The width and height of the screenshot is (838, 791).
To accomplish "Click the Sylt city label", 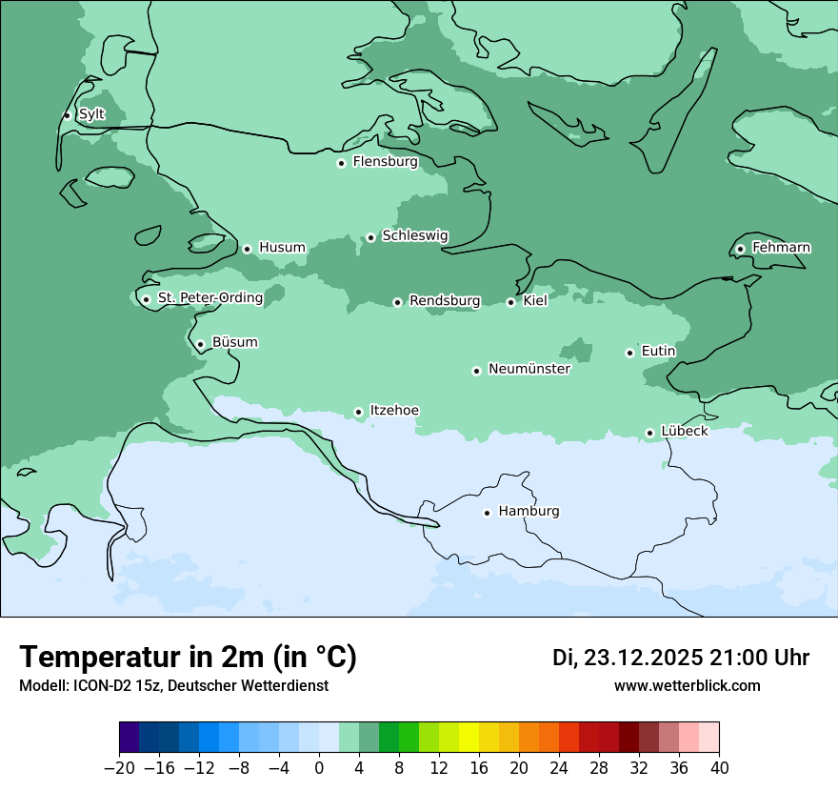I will point(91,114).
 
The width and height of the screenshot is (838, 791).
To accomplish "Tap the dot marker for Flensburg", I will point(341,163).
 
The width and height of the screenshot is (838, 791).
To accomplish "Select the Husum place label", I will point(282,248).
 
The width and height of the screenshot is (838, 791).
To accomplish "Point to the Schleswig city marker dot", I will point(370,237).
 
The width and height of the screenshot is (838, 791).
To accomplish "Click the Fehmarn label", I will point(781,248).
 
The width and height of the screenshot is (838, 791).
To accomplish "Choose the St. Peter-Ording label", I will point(210,298).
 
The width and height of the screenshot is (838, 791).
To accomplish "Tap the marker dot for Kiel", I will point(511,302).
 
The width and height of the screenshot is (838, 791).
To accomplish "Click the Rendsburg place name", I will point(445,301).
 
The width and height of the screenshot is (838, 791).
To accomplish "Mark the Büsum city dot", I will point(200,344).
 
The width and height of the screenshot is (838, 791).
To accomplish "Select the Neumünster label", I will point(529,369).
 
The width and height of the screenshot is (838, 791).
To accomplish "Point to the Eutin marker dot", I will point(629,353).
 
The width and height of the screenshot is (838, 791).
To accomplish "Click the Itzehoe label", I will point(394,411).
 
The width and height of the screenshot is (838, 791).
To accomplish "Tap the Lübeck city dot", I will point(649,433).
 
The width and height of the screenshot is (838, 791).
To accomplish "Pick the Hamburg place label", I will point(529,512).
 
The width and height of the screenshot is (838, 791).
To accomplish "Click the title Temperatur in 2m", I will point(188,658).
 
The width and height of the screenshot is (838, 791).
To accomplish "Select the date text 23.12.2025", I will point(644,658).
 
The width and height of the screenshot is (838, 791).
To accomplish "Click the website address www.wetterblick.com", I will point(687,686).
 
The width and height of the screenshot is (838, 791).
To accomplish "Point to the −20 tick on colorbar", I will point(120,768).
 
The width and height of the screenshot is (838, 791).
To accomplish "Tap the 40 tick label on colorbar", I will point(719,768).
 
